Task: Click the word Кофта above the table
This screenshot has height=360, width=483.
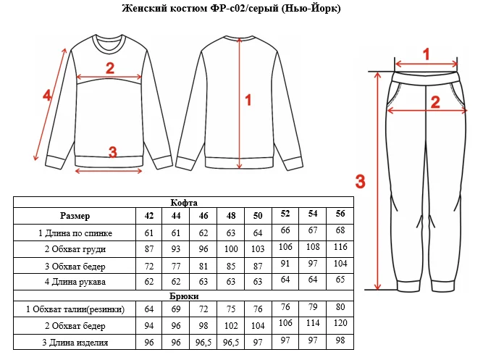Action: [x=184, y=203]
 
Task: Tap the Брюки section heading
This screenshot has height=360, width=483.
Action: [x=184, y=296]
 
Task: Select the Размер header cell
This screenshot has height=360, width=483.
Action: [x=75, y=216]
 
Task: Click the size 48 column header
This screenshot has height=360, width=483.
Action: [x=231, y=216]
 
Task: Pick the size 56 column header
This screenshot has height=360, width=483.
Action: [x=340, y=214]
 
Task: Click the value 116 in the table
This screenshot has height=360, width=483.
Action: [x=340, y=247]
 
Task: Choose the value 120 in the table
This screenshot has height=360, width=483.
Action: [x=340, y=323]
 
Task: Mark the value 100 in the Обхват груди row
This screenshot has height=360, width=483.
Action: [x=231, y=249]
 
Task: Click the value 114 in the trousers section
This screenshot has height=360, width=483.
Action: [x=313, y=323]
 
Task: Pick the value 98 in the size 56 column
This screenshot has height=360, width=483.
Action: [x=340, y=340]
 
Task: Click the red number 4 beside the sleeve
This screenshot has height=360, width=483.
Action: [x=47, y=96]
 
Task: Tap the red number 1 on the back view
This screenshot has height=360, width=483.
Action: [x=248, y=100]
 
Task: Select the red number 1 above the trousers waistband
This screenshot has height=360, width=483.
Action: [x=427, y=54]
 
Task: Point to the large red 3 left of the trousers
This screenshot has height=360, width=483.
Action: [x=361, y=181]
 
